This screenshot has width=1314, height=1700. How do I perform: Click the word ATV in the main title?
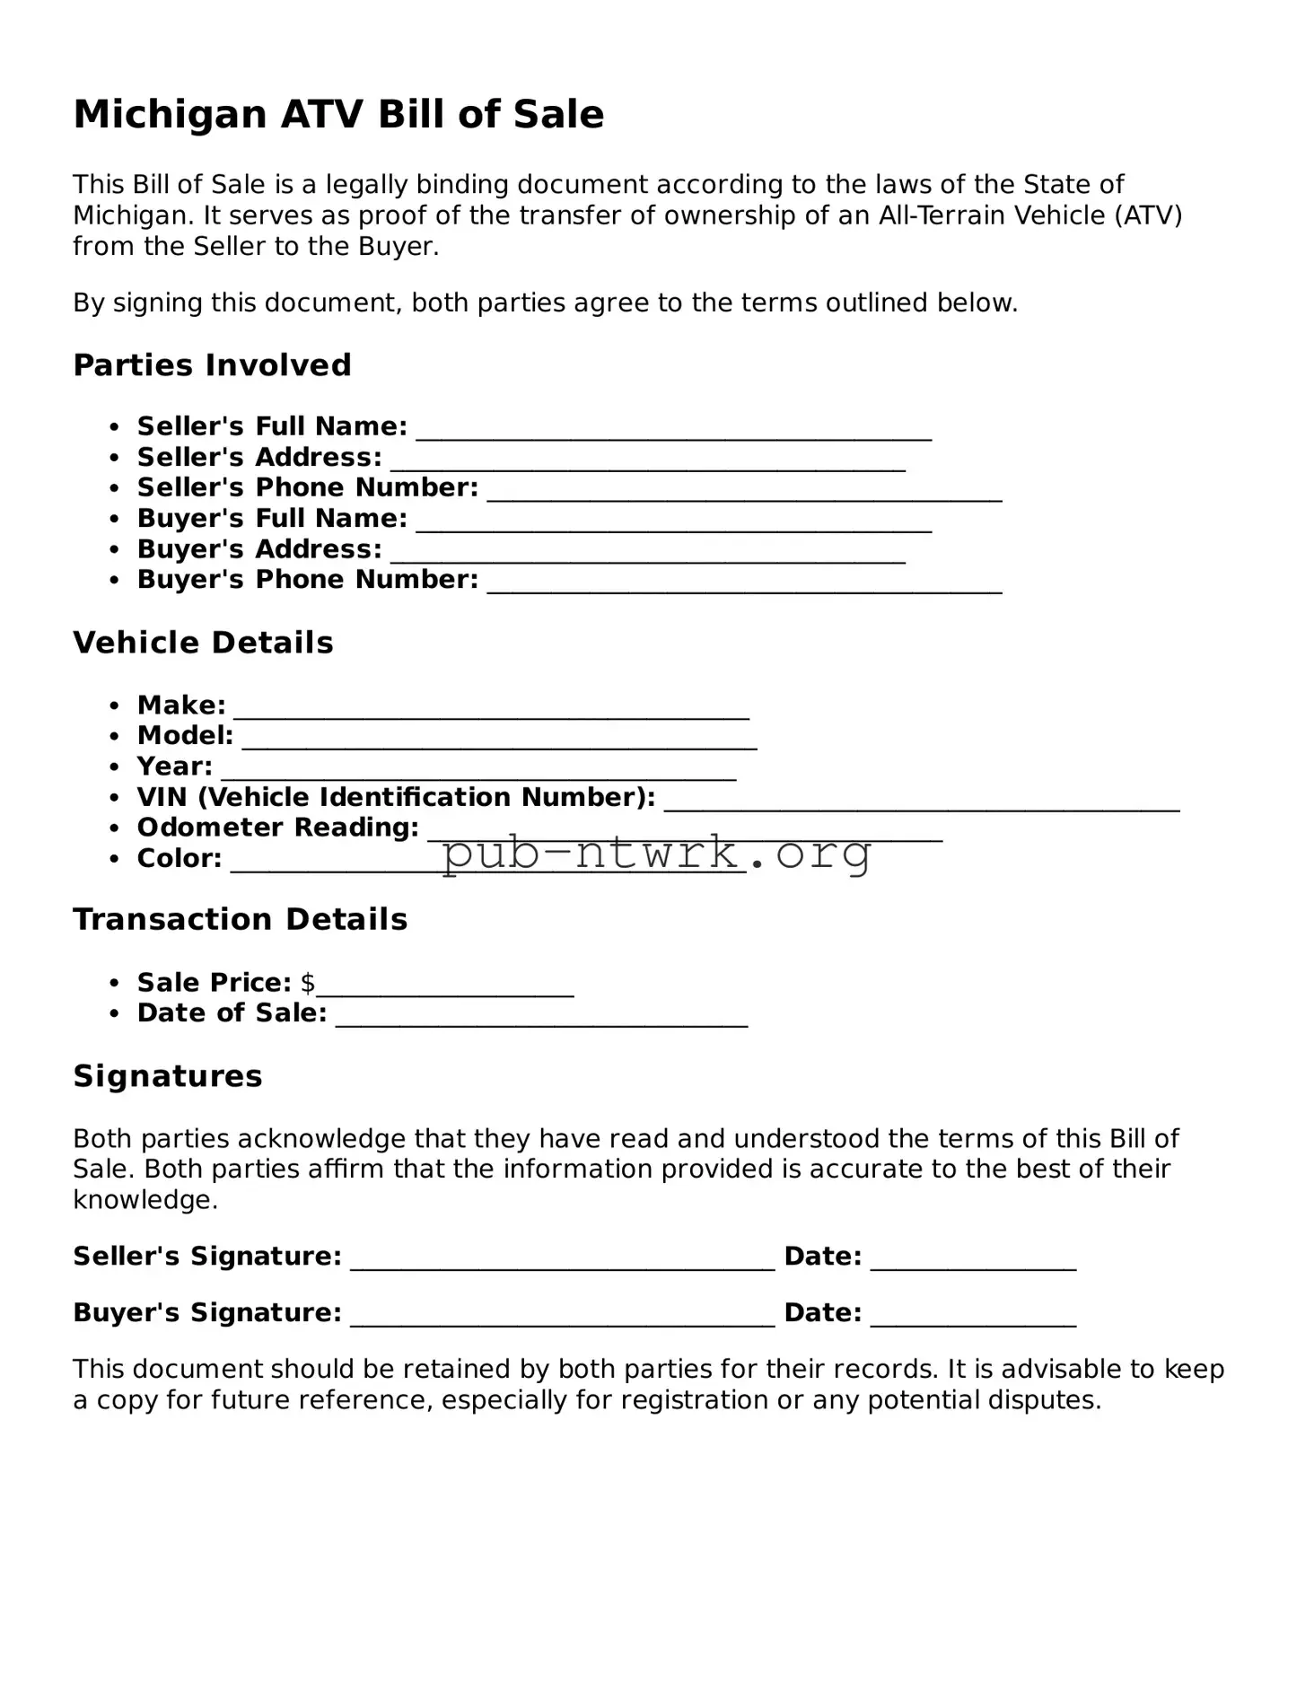pos(321,115)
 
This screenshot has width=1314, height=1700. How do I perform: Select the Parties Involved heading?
pos(212,365)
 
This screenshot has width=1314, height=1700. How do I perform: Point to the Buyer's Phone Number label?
pos(307,580)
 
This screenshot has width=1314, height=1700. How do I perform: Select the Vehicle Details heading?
pos(203,643)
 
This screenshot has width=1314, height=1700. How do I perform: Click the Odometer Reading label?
pos(277,828)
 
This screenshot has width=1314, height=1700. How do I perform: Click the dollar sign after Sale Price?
pos(308,983)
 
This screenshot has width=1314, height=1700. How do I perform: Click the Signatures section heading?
pos(168,1076)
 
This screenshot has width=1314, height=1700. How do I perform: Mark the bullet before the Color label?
pos(114,859)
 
